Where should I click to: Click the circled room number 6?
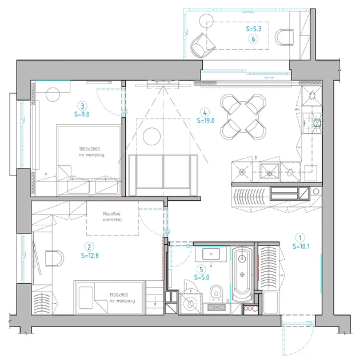pos(253,39)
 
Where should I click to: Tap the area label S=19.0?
pos(206,121)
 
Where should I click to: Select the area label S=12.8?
pos(90,256)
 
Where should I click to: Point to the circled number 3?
pos(82,106)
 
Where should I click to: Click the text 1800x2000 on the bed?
pos(90,149)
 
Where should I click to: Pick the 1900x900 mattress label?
pos(119,295)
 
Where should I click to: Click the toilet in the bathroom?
pos(217,293)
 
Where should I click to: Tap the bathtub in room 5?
pos(242,274)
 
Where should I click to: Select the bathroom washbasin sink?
pos(211,254)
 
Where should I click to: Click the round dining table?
pos(243,117)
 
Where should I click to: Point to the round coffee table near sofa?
pos(151,136)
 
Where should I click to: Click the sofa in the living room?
pos(163,175)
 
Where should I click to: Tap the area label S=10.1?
pos(301,246)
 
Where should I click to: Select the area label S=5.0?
pos(202,277)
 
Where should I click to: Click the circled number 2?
pos(89,247)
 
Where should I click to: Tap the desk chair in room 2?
pos(54,258)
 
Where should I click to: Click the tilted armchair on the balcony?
pos(202,45)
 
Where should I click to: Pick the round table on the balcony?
pos(206,21)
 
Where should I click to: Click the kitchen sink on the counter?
pos(269,172)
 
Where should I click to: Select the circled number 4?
pos(205,113)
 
